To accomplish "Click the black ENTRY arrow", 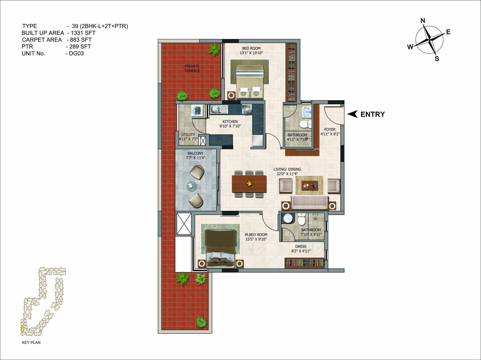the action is coord(352,114).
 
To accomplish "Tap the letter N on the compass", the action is coord(423,21).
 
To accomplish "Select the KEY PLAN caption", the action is coord(31,342).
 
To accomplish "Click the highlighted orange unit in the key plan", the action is coord(22,329).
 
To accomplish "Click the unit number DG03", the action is coord(76,54).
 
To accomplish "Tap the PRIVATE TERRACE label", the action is coord(192,68).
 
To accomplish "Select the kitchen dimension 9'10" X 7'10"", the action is coord(230,126).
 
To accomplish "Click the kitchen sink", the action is coord(219,109).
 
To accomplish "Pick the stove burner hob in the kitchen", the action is coord(247,109).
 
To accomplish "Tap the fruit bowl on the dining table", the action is coord(249,183).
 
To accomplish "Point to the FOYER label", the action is coord(330,130).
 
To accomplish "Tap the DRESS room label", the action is coord(301,246).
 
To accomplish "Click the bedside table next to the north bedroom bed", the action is coord(231,95).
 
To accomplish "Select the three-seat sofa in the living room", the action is coord(309,203).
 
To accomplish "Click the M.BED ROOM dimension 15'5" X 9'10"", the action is coord(256,239).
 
